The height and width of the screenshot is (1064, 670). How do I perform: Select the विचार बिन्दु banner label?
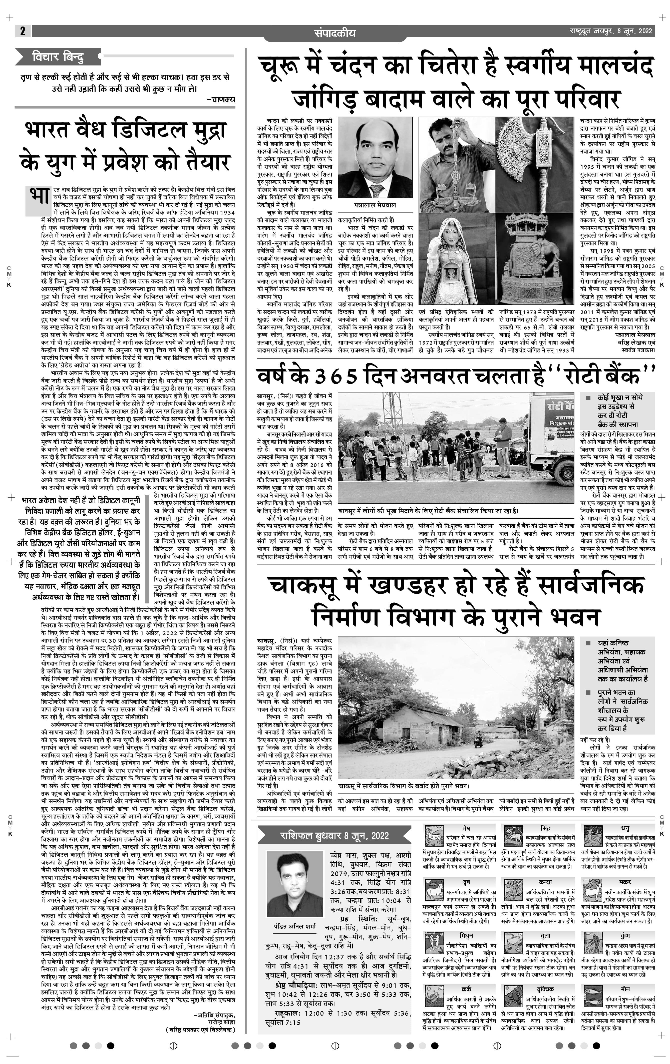(x=58, y=57)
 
